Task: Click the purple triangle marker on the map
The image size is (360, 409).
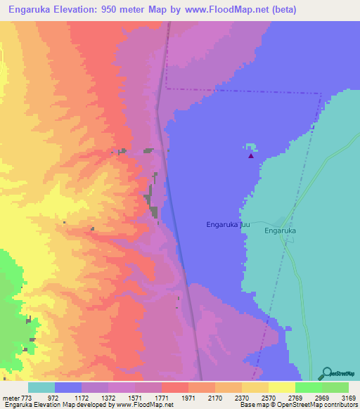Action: [x=250, y=156]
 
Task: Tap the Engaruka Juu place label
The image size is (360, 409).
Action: [x=228, y=225]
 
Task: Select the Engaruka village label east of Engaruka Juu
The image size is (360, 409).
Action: [x=282, y=230]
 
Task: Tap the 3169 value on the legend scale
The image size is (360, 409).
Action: [x=339, y=398]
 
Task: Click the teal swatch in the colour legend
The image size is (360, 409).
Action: [x=41, y=387]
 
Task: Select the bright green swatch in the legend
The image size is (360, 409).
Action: [x=308, y=387]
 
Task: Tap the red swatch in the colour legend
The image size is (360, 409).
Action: [x=175, y=387]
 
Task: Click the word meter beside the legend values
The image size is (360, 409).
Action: [x=11, y=398]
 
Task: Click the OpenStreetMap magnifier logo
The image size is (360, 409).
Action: [x=326, y=373]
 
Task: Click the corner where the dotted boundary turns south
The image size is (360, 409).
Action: [x=321, y=91]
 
